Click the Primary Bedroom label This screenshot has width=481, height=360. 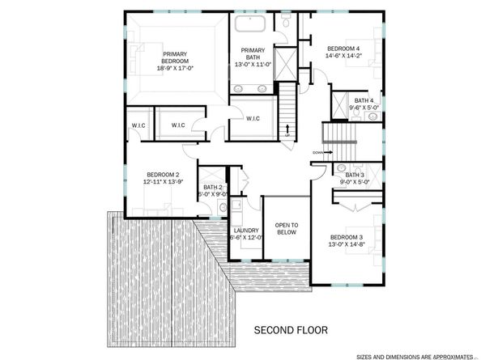(x=175, y=57)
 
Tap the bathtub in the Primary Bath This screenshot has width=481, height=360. (x=250, y=23)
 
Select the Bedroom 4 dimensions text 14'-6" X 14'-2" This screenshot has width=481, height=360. (x=343, y=56)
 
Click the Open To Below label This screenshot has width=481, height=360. (x=287, y=229)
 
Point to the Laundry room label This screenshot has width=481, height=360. (x=246, y=231)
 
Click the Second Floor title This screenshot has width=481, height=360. (x=291, y=330)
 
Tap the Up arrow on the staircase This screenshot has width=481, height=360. (x=287, y=129)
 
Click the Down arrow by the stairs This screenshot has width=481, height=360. (x=329, y=152)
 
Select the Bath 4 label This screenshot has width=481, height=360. (x=364, y=100)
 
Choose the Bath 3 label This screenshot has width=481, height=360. (x=355, y=175)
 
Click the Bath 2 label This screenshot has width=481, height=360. (x=213, y=187)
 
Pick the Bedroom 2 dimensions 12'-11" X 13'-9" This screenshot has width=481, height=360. (x=164, y=182)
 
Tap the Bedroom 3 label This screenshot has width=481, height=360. (x=347, y=237)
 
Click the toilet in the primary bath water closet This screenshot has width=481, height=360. (x=286, y=21)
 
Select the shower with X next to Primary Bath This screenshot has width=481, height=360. (x=286, y=64)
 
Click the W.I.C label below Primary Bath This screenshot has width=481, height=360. (x=253, y=119)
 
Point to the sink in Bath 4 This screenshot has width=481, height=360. (x=372, y=116)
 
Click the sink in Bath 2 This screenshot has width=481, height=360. (x=223, y=207)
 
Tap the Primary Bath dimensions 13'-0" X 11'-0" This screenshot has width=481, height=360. (x=253, y=65)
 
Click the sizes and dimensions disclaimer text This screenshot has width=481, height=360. (x=415, y=357)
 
